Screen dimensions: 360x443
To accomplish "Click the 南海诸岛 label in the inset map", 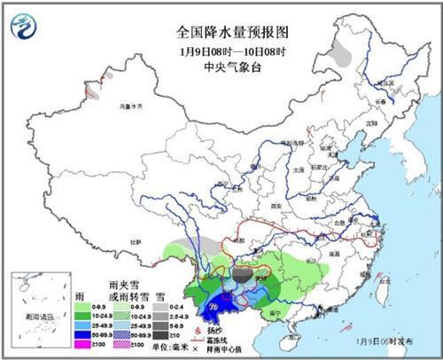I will pos(35,315).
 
